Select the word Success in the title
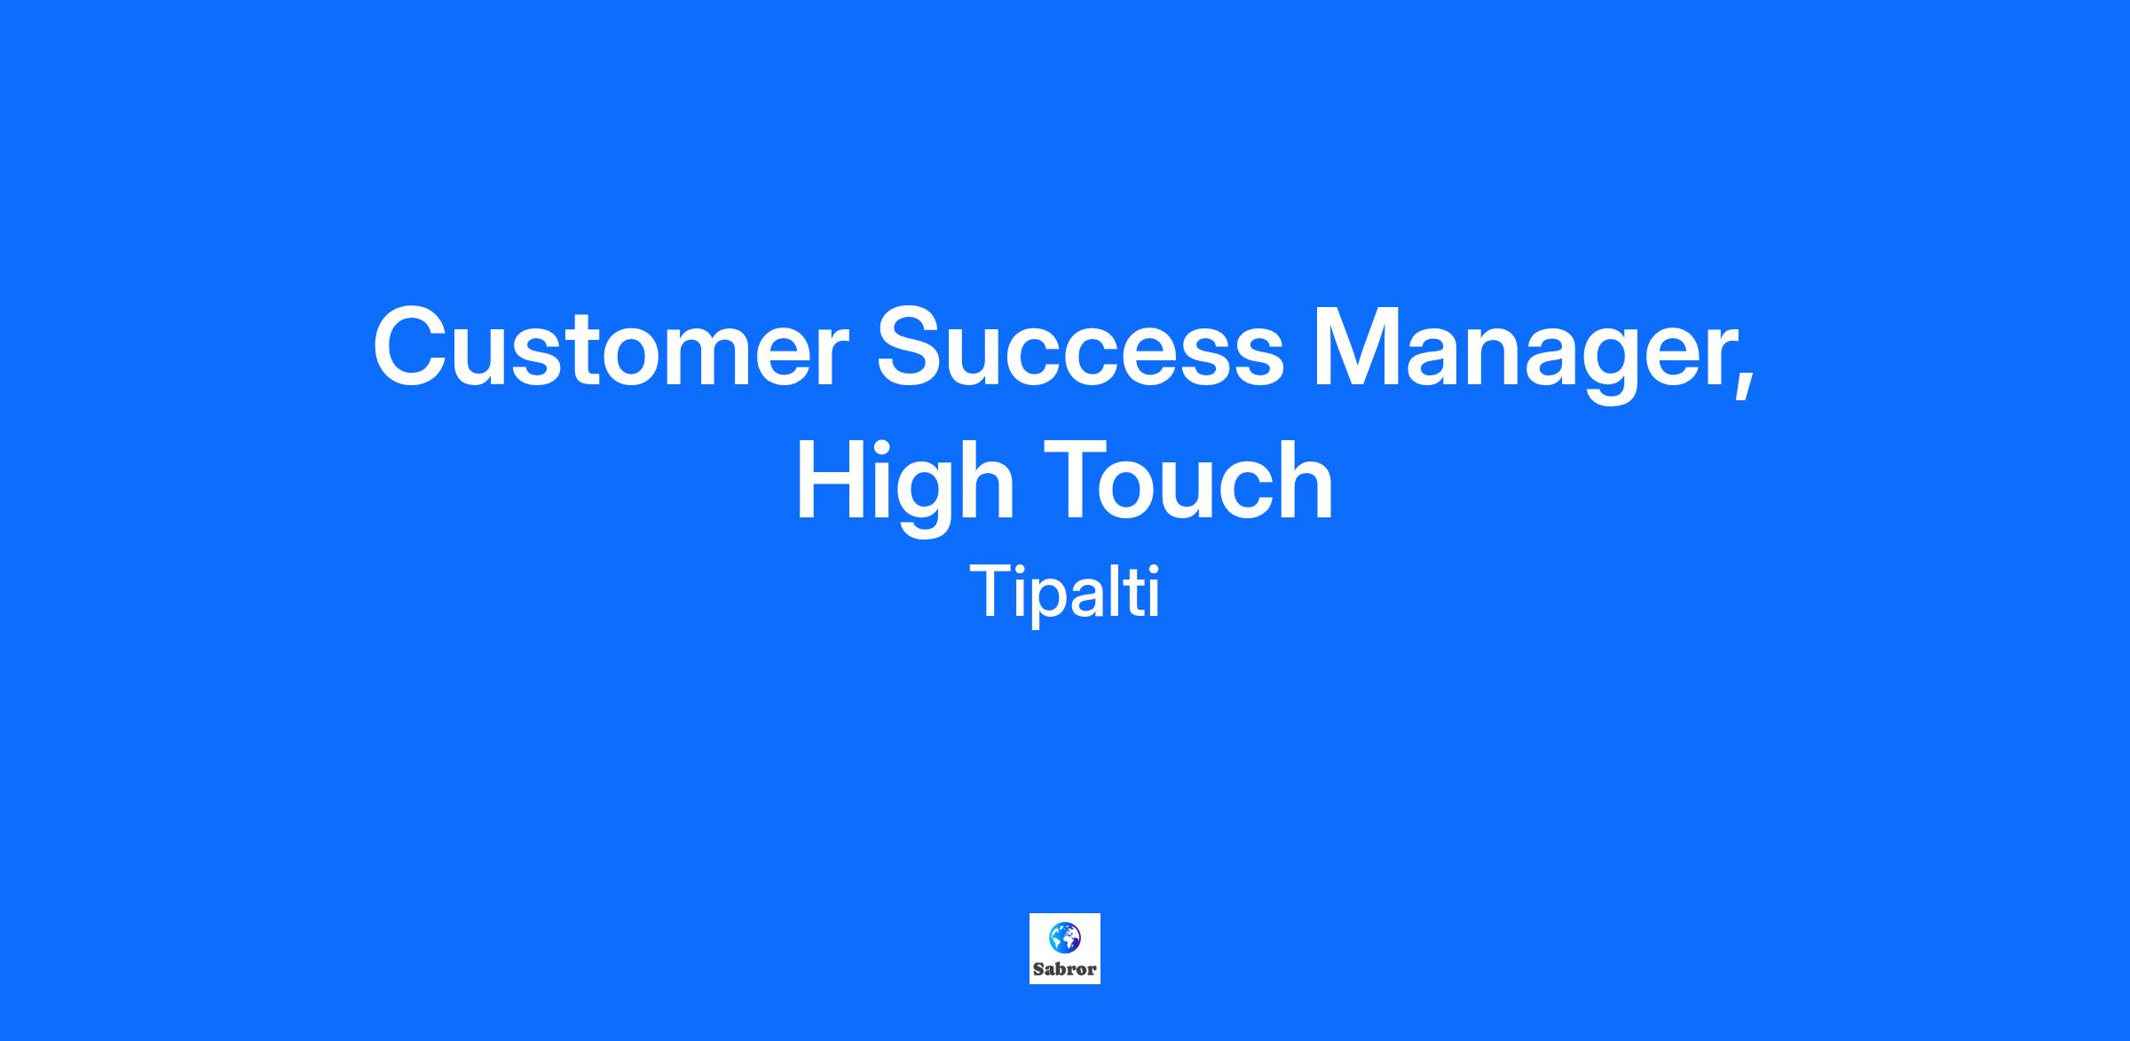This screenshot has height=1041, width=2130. click(x=1080, y=347)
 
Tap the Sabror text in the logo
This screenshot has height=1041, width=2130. click(x=1065, y=969)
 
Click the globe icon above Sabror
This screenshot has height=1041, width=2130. click(x=1065, y=936)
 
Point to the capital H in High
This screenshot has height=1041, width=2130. click(x=831, y=480)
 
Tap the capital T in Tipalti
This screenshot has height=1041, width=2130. click(x=991, y=591)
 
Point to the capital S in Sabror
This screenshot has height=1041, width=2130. click(x=1038, y=969)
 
